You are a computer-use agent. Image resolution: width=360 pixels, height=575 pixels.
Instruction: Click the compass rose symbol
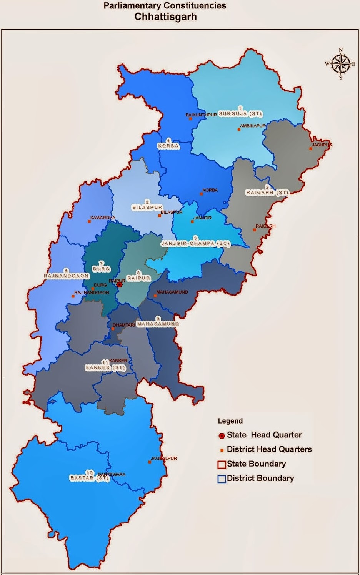tap(340, 63)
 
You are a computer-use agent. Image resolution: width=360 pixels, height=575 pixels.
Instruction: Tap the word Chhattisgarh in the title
tap(165, 17)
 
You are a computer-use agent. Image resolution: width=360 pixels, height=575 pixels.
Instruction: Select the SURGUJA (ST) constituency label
tap(240, 114)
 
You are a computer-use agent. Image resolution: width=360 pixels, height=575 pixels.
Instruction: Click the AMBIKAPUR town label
tap(253, 126)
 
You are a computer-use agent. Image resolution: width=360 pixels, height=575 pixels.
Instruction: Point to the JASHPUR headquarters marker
tap(311, 149)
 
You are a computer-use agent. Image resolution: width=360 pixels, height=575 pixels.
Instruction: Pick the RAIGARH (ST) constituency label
tap(267, 192)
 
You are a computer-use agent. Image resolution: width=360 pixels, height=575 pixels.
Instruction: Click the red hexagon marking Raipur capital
tap(120, 285)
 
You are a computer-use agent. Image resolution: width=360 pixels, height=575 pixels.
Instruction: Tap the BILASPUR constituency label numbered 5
tap(147, 207)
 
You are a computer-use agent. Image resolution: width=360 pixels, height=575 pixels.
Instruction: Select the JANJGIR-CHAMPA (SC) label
tap(195, 243)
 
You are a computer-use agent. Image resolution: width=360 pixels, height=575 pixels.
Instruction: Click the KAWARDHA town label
tap(103, 218)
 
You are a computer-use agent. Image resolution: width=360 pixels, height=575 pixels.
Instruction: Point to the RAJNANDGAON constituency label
tap(66, 276)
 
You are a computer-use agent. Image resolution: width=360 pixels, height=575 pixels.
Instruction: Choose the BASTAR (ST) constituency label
tap(90, 478)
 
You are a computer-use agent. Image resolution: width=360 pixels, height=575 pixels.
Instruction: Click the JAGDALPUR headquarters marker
tap(150, 462)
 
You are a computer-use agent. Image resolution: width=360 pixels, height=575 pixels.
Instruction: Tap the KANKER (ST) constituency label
tap(106, 367)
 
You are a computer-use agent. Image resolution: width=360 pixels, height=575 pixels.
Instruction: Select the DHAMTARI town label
tap(123, 325)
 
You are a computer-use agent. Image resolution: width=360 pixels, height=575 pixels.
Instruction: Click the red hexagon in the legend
tap(222, 435)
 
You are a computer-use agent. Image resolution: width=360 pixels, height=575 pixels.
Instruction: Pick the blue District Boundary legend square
tap(222, 479)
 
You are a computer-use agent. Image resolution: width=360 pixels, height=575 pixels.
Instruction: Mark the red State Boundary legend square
tap(222, 464)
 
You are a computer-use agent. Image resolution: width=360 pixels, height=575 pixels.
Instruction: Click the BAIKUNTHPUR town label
tap(201, 115)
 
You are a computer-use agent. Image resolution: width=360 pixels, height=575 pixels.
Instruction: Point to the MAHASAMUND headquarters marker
tap(155, 296)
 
